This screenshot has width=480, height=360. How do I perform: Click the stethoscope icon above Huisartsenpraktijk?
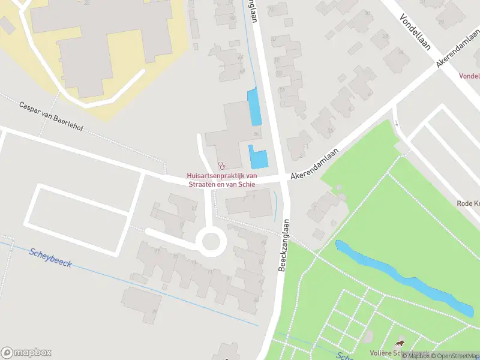tap(221, 164)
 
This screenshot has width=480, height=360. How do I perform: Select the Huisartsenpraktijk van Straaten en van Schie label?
tap(221, 180)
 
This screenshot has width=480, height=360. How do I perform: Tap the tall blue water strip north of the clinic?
tap(254, 106)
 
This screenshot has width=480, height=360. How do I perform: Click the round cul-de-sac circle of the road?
tap(211, 243)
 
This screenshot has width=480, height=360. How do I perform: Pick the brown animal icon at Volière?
tap(399, 344)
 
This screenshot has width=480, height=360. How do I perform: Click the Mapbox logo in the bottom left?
tap(26, 352)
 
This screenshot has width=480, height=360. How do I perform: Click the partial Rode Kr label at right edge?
tap(467, 203)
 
